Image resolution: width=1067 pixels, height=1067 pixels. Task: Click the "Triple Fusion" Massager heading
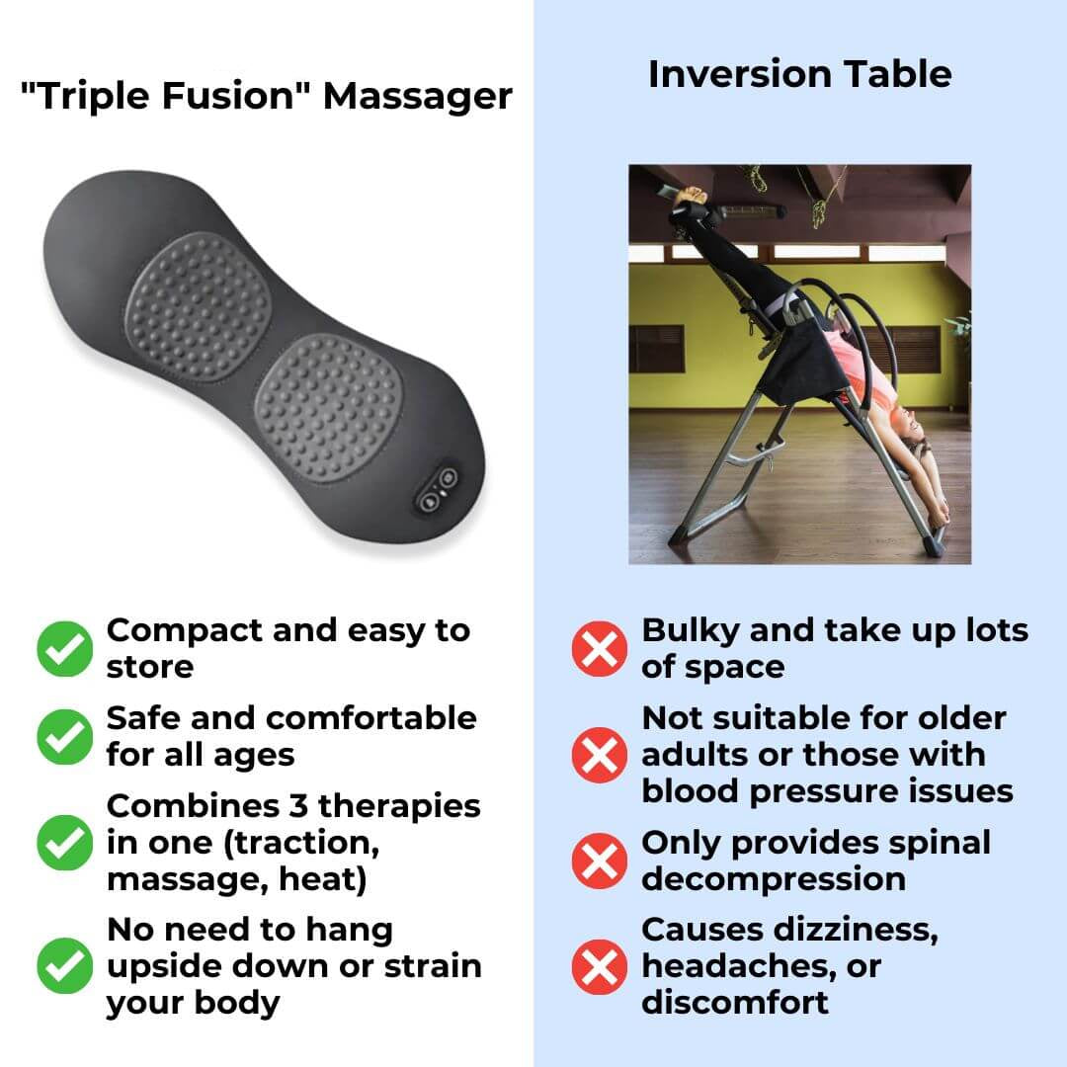point(267,97)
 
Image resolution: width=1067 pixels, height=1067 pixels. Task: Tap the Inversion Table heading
point(799,74)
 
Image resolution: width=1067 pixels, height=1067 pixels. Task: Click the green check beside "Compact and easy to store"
point(64,649)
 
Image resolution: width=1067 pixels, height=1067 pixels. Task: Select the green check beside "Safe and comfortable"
point(64,736)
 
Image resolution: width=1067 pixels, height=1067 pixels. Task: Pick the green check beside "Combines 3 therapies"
point(64,843)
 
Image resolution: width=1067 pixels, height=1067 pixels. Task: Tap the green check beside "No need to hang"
point(64,966)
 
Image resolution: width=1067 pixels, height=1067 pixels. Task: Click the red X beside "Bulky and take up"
point(599,649)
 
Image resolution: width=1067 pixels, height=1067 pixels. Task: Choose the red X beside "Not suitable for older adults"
point(599,755)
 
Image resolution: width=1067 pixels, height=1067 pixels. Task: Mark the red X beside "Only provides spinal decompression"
point(599,861)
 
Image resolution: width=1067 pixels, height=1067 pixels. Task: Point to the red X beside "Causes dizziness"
point(599,966)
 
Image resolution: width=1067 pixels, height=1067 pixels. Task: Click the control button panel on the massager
point(438,488)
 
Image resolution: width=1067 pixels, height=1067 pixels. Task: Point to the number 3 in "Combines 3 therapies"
point(301,806)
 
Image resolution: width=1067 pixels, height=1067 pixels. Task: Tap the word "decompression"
point(773,879)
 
